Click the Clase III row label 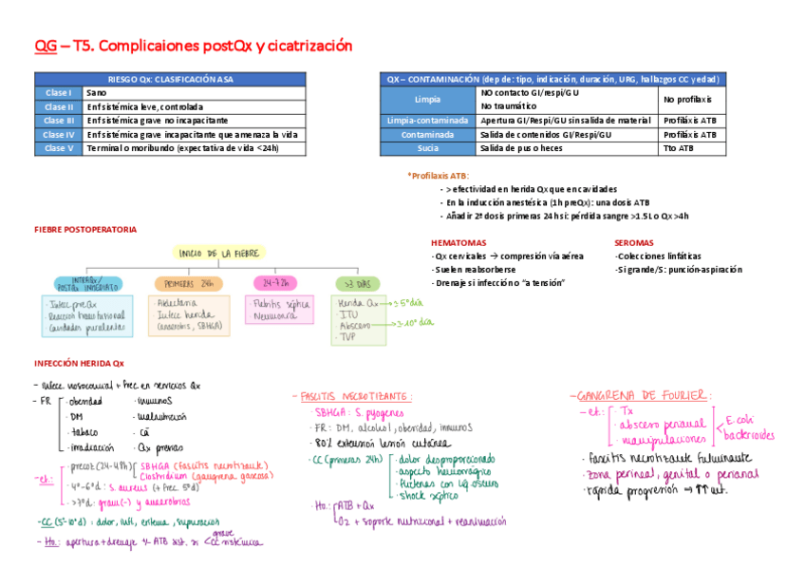pyautogui.click(x=59, y=121)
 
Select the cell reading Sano pyautogui.click(x=97, y=93)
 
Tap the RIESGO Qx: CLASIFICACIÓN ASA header pyautogui.click(x=171, y=79)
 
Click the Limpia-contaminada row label pyautogui.click(x=427, y=121)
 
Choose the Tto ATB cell pyautogui.click(x=680, y=148)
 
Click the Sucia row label pyautogui.click(x=427, y=148)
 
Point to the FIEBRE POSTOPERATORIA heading pyautogui.click(x=85, y=229)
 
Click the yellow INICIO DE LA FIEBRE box pyautogui.click(x=219, y=253)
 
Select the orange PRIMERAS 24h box pyautogui.click(x=188, y=283)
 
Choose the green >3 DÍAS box pyautogui.click(x=358, y=283)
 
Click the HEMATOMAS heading pyautogui.click(x=459, y=242)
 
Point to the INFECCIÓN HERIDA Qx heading pyautogui.click(x=79, y=362)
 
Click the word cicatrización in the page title pyautogui.click(x=303, y=45)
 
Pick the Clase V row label pyautogui.click(x=59, y=148)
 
